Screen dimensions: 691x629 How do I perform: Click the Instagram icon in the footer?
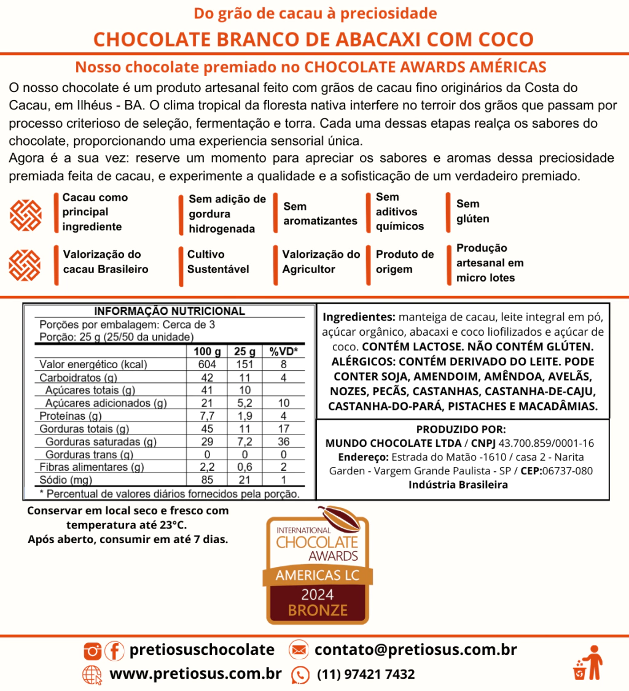pyautogui.click(x=93, y=650)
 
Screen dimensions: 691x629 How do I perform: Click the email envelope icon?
pyautogui.click(x=299, y=650)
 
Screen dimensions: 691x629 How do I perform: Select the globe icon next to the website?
pyautogui.click(x=92, y=674)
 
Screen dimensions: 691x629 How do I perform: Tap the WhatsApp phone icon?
pyautogui.click(x=300, y=674)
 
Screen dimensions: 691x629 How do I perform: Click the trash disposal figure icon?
pyautogui.click(x=588, y=663)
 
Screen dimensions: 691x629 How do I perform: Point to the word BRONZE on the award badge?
pyautogui.click(x=318, y=611)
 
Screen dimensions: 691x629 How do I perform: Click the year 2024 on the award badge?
pyautogui.click(x=318, y=595)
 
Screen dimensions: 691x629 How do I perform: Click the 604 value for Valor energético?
pyautogui.click(x=206, y=365)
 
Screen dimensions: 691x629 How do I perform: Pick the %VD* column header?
pyautogui.click(x=283, y=352)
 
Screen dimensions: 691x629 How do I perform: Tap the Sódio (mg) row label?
pyautogui.click(x=66, y=480)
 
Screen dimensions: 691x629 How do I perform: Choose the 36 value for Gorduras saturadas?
pyautogui.click(x=283, y=442)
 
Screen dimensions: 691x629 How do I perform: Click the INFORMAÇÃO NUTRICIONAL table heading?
pyautogui.click(x=169, y=311)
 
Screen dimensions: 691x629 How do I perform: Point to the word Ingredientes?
pyautogui.click(x=359, y=317)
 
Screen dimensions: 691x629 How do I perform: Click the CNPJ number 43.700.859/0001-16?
pyautogui.click(x=546, y=443)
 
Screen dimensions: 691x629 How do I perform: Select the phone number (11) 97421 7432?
pyautogui.click(x=365, y=674)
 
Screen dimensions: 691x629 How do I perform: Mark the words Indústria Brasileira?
pyautogui.click(x=458, y=485)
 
